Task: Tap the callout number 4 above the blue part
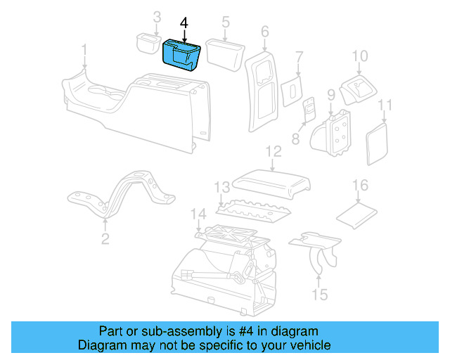click(x=184, y=23)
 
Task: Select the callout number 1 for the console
click(x=84, y=50)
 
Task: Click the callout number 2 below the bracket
click(x=105, y=240)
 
